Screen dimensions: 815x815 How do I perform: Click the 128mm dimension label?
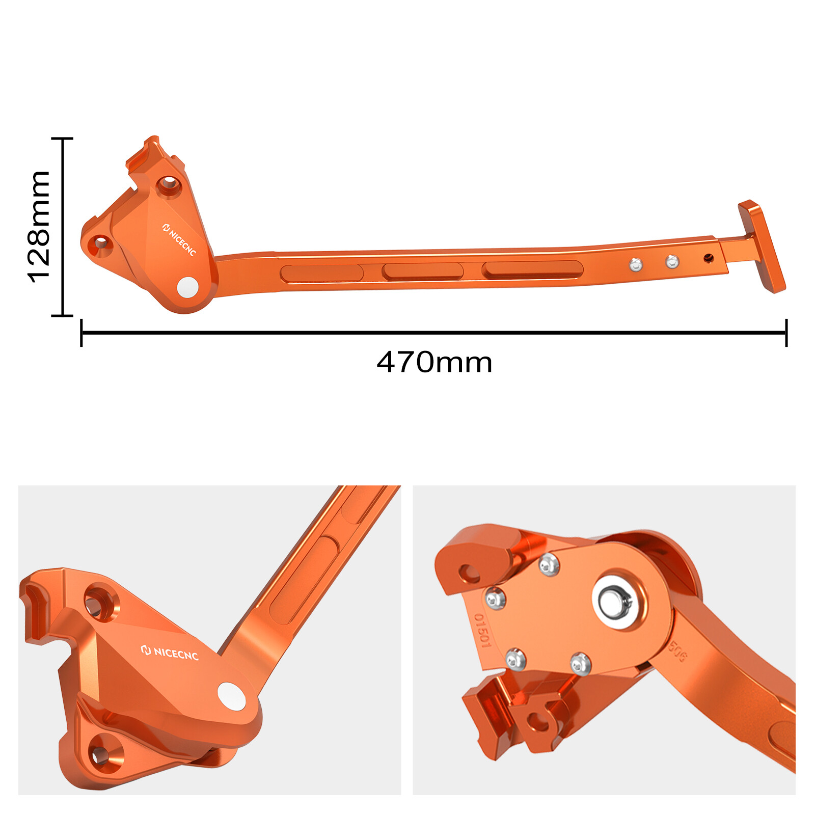(39, 227)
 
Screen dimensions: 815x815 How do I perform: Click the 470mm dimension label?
(434, 363)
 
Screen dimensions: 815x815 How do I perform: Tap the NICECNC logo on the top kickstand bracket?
(179, 239)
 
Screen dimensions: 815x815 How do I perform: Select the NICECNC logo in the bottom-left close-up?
(170, 653)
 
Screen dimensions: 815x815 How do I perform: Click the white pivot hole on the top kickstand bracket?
(187, 287)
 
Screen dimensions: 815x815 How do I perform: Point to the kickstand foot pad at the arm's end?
(762, 246)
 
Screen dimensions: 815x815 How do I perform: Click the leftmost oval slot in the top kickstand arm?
(321, 274)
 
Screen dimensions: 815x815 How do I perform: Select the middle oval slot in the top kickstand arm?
(422, 271)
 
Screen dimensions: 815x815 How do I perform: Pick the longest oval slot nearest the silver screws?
(532, 269)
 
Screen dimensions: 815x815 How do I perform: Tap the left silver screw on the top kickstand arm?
(636, 264)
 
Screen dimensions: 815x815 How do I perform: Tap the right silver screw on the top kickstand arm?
(672, 262)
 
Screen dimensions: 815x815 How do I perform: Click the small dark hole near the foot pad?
(709, 259)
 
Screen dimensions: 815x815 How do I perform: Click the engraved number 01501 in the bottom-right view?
(482, 631)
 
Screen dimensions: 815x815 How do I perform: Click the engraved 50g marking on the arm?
(677, 651)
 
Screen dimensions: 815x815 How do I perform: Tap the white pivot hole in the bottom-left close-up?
(232, 696)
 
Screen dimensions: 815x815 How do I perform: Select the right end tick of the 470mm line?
(786, 333)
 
